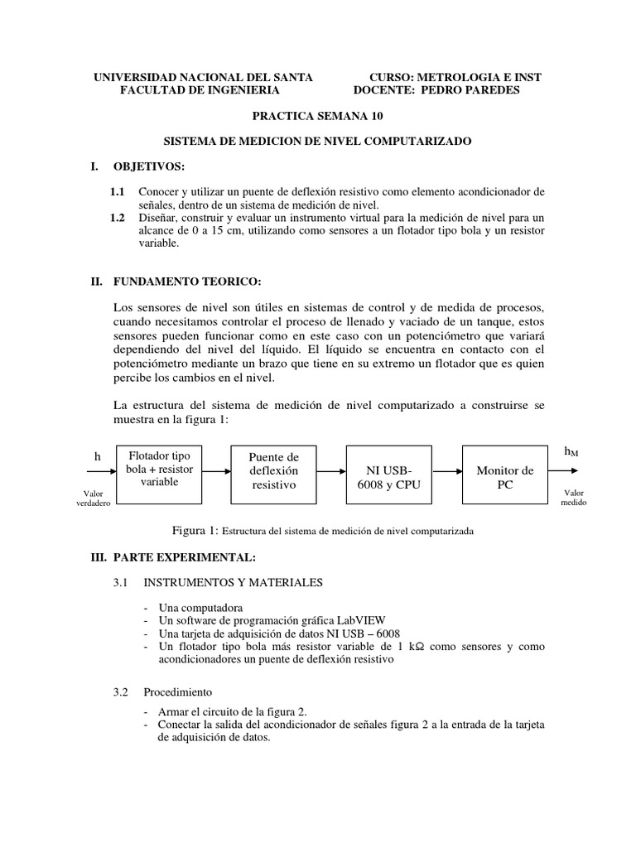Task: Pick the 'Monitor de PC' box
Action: point(505,470)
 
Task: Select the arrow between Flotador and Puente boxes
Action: point(215,470)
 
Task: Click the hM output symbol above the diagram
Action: point(571,451)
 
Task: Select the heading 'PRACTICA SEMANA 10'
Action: point(318,117)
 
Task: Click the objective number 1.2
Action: point(118,218)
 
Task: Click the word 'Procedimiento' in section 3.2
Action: point(177,691)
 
